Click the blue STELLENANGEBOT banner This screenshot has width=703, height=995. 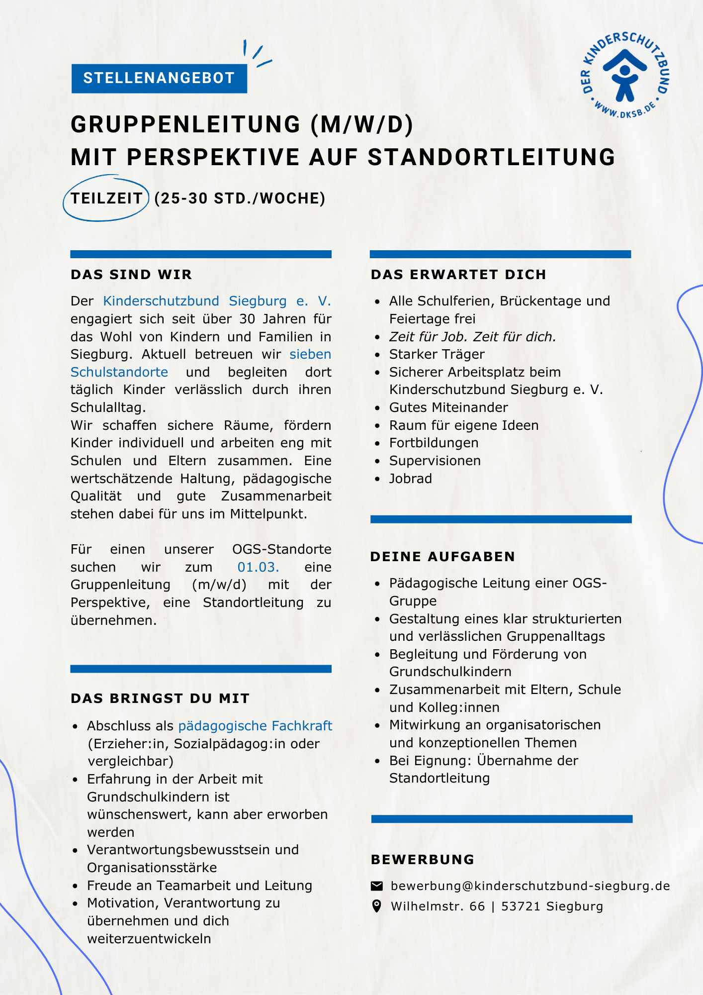tap(159, 78)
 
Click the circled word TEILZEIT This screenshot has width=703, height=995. tap(106, 199)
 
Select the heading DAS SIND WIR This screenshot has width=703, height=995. tap(131, 275)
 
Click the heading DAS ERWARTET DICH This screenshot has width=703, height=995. tap(458, 275)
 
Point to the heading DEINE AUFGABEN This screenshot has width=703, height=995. tap(442, 557)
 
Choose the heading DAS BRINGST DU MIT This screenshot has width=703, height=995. tap(160, 698)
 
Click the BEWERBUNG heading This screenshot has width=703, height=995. tap(423, 860)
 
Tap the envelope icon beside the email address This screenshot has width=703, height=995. tap(377, 886)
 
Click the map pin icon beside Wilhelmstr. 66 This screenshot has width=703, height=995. tap(377, 906)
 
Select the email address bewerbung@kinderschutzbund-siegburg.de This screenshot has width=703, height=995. tap(530, 886)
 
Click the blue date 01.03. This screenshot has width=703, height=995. tap(258, 567)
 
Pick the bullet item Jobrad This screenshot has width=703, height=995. tap(411, 479)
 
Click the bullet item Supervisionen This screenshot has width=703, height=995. tap(435, 461)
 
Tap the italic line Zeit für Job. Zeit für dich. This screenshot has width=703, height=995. tap(472, 337)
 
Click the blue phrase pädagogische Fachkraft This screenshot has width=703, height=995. tap(255, 726)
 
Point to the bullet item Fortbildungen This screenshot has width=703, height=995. tap(434, 443)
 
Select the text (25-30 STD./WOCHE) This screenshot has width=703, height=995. tap(240, 199)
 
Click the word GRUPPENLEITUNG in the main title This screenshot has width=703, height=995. tap(186, 124)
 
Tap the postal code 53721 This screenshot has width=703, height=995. tap(521, 906)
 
